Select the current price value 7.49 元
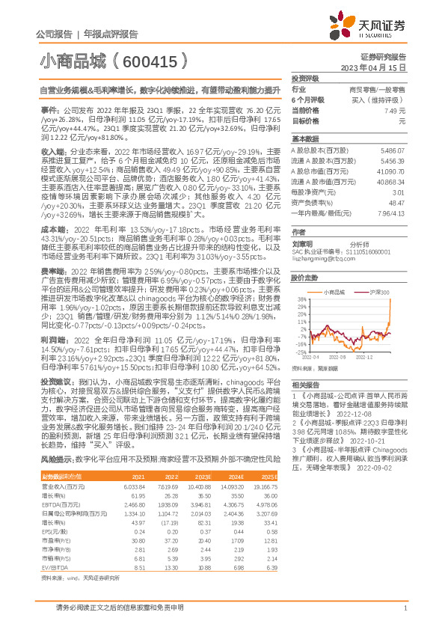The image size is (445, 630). (394, 110)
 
